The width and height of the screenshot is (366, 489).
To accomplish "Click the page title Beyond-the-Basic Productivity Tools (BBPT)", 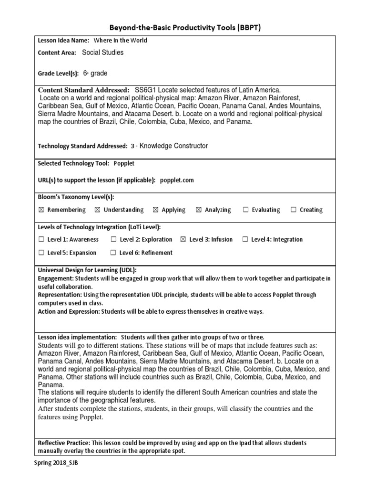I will click(183, 28).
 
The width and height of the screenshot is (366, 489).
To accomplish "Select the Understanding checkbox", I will click(98, 210).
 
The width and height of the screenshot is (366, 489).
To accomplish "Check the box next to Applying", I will click(156, 210).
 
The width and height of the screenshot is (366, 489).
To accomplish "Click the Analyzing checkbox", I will click(199, 210).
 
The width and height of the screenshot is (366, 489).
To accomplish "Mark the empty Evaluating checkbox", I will click(245, 210).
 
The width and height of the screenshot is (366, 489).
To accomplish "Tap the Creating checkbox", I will click(294, 210).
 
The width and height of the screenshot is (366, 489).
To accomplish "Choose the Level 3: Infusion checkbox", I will click(183, 239).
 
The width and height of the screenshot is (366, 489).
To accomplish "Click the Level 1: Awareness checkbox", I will click(41, 239).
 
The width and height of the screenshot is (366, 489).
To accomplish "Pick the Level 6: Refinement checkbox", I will click(113, 253).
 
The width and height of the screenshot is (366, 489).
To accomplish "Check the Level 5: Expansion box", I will click(41, 253).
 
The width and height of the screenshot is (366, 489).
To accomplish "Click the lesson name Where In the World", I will click(120, 41).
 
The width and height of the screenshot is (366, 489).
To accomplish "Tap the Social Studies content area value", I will click(102, 53).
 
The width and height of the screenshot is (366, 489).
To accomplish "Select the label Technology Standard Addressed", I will click(82, 146).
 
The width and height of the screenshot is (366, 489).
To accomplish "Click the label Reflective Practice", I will click(62, 443).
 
